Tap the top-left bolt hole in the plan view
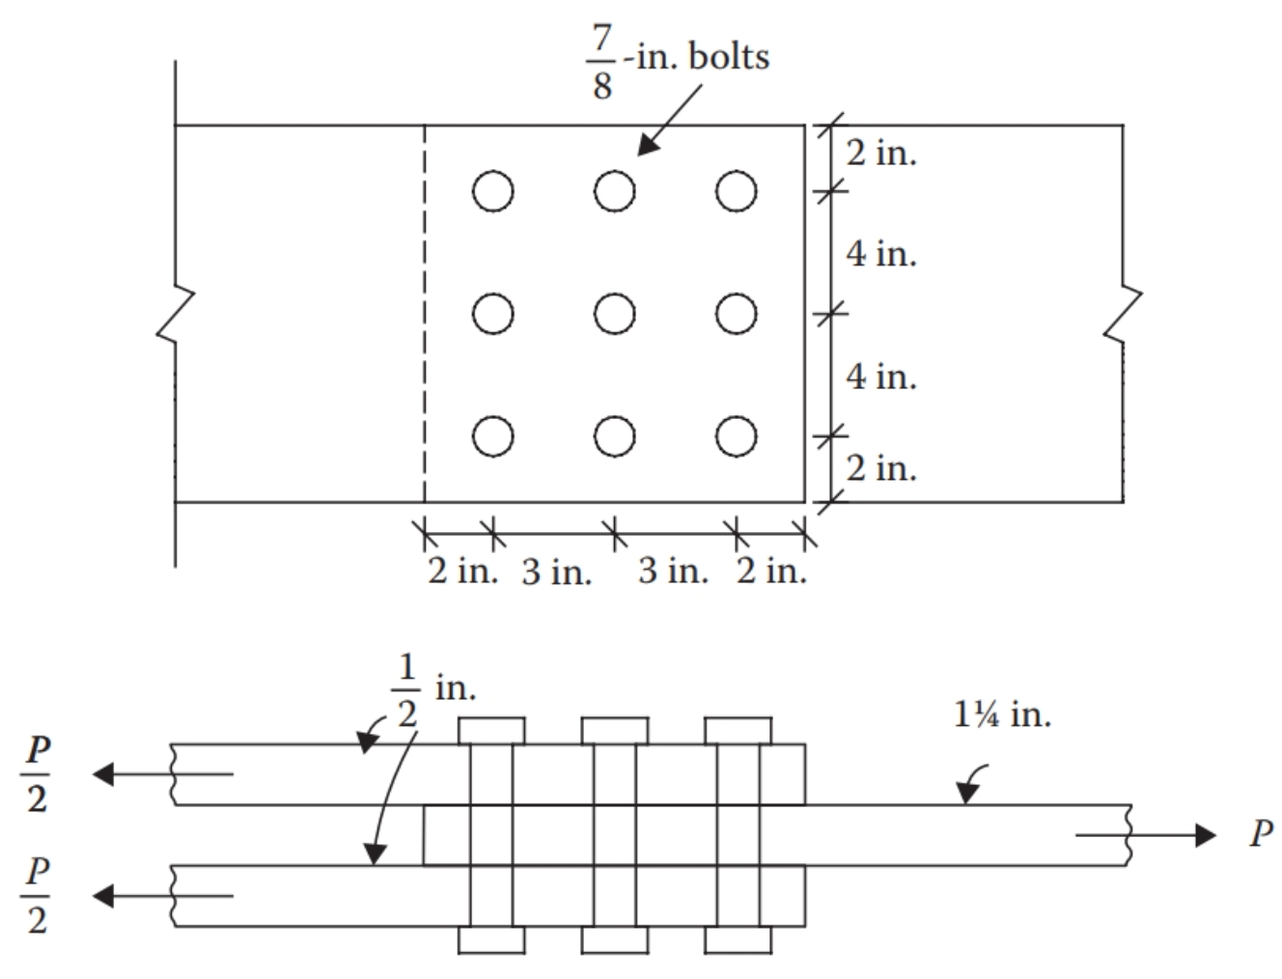492,191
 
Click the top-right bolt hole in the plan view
736,191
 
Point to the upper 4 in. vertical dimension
880,254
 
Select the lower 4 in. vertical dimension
880,376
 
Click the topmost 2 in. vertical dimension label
880,153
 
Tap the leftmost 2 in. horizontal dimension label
462,571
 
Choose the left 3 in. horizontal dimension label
556,573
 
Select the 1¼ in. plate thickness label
1002,715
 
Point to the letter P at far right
1260,834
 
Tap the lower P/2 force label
37,896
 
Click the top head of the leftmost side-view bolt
491,730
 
